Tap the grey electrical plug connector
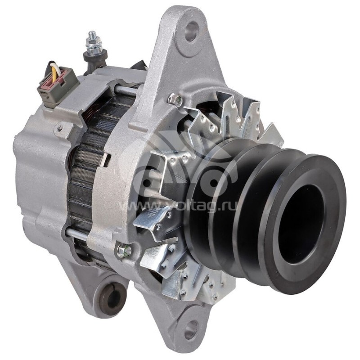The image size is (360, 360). [x=57, y=85]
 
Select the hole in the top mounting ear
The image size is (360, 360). [x=192, y=31]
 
